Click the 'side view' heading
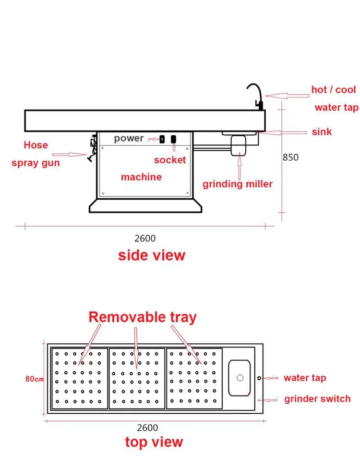pos(152,255)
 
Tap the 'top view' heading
pos(154,442)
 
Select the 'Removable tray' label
pos(143,317)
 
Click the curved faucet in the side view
pos(255,95)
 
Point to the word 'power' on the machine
pos(129,138)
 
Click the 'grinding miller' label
pos(238,184)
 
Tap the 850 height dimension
pos(290,157)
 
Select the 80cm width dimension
pos(35,379)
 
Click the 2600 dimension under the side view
pos(144,238)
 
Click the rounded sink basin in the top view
pos(240,378)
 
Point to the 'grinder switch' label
pos(317,399)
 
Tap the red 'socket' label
pos(170,160)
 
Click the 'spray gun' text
pos(36,163)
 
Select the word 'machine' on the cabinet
pos(141,177)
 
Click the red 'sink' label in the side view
pos(322,132)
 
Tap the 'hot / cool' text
pos(334,90)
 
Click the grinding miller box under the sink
pos(238,145)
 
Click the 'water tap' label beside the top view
pos(305,378)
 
